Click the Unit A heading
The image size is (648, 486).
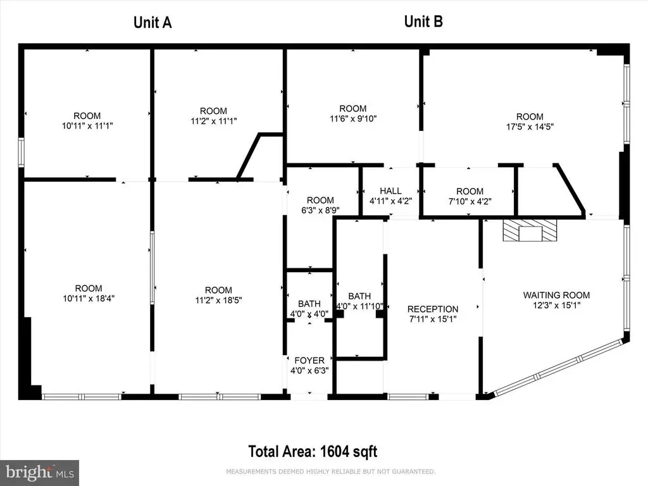tap(153, 22)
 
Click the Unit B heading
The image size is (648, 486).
tap(423, 21)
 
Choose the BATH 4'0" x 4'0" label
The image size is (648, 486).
tap(309, 309)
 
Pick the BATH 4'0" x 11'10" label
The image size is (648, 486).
tap(359, 301)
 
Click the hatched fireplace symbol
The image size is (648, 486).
tap(530, 230)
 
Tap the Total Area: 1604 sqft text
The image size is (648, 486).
tap(313, 451)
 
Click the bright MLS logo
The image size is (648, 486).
tap(39, 473)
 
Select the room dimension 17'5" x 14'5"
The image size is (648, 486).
tap(530, 127)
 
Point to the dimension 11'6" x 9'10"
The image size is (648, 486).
tap(353, 118)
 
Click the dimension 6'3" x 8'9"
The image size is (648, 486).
tap(320, 210)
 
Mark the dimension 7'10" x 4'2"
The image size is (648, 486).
tap(470, 201)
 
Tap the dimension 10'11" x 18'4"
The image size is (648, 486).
tap(89, 299)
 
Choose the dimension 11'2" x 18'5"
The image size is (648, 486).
tap(218, 300)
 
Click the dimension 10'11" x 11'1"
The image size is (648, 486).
tap(87, 126)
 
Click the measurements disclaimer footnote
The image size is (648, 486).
tap(330, 471)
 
